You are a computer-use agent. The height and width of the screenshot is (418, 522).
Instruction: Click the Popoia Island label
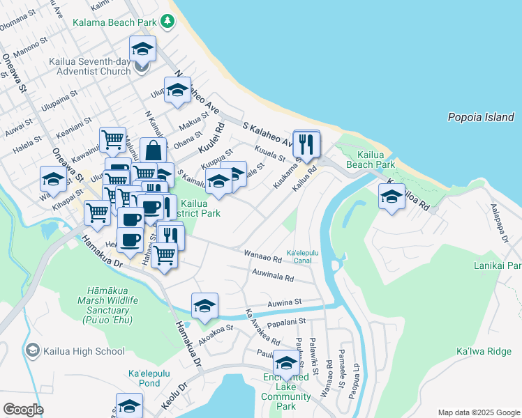coord(481,118)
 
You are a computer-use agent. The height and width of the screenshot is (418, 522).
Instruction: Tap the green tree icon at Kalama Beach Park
coord(167,22)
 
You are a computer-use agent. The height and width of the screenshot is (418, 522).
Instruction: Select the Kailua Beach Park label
coord(375,160)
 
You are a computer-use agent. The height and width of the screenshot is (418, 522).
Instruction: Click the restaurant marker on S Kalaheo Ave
coord(306,144)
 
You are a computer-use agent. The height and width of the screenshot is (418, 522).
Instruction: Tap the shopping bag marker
coord(153,150)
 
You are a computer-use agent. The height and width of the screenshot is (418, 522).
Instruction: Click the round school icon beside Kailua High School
coord(32,351)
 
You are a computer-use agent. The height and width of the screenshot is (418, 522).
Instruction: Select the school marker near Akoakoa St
coord(204,306)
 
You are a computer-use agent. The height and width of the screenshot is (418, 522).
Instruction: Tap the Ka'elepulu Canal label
coord(304,256)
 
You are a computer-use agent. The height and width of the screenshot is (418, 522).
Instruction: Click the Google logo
coord(23,410)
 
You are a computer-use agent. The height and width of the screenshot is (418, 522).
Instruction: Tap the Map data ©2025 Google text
coord(478,412)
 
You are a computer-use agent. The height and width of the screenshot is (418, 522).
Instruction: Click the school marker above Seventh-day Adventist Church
coord(142,49)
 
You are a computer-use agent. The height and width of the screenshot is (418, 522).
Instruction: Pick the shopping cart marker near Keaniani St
coord(112,139)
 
